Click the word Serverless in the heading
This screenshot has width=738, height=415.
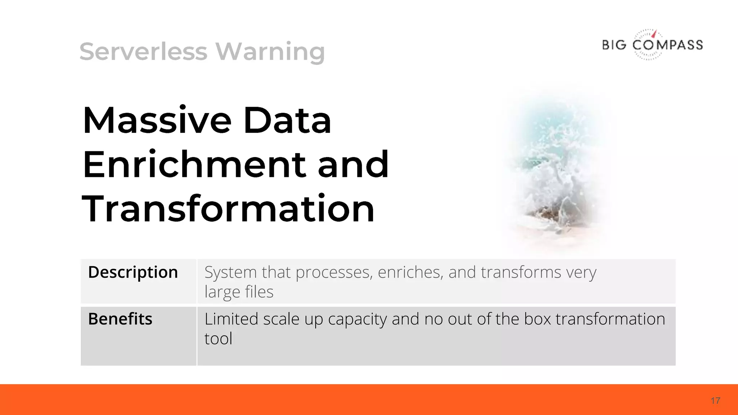[143, 52]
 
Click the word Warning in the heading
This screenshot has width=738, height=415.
[270, 52]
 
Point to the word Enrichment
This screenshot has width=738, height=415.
[194, 165]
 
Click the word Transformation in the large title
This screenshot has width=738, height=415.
[228, 209]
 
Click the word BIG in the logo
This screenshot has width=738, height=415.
[614, 45]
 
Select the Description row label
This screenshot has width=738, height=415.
[133, 272]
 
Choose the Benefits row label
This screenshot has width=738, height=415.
[120, 319]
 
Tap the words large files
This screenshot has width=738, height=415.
[239, 292]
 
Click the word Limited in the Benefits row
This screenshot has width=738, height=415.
[231, 319]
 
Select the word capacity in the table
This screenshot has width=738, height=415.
[357, 319]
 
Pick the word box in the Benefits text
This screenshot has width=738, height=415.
[537, 319]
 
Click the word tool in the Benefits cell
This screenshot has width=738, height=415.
[218, 339]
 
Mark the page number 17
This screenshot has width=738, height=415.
[715, 401]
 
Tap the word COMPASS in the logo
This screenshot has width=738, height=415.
[667, 45]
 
